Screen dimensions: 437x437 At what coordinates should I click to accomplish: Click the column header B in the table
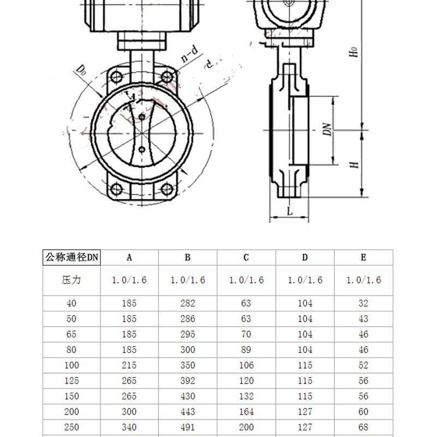(x=187, y=257)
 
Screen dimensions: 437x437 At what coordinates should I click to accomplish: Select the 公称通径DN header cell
(x=72, y=257)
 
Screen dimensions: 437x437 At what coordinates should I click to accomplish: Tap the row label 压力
(x=72, y=280)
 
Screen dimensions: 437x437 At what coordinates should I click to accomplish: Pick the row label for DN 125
(x=72, y=380)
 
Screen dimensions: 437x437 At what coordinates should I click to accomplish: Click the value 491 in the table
(x=187, y=427)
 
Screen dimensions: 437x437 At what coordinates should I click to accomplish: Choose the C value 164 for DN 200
(x=246, y=411)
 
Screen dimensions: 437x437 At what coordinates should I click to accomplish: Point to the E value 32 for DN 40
(x=363, y=303)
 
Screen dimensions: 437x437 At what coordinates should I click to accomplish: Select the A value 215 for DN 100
(x=129, y=365)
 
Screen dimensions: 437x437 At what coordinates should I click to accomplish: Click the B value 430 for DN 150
(x=187, y=396)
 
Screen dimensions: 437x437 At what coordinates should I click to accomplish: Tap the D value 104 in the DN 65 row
(x=305, y=334)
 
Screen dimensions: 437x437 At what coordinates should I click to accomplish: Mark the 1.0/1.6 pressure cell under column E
(x=363, y=280)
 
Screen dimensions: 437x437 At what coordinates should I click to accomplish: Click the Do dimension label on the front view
(x=81, y=70)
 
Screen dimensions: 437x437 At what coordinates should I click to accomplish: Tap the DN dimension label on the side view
(x=327, y=130)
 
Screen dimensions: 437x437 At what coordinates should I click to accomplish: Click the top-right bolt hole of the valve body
(x=167, y=77)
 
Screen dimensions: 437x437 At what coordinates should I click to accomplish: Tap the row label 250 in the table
(x=72, y=427)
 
